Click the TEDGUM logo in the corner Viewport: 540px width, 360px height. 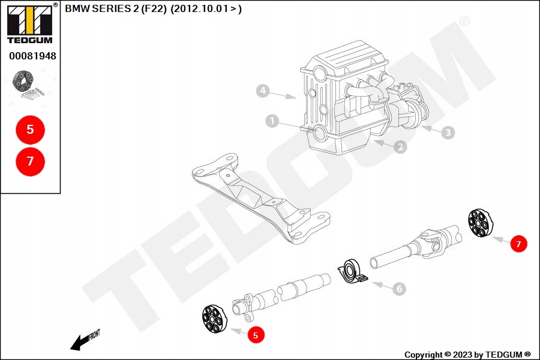coord(29,24)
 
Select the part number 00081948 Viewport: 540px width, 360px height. coord(32,56)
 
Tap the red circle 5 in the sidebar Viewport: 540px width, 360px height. coord(30,129)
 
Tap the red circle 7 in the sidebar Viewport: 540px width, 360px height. coord(30,161)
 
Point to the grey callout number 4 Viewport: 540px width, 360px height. coord(262,91)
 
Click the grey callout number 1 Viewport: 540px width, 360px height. coord(272,122)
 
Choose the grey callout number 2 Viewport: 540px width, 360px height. coord(400,147)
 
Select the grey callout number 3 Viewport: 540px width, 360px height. coord(448,132)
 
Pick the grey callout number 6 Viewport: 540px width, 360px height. coord(399,289)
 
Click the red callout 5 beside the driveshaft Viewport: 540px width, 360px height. coord(256,335)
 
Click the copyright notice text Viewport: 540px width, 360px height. coord(467,355)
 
